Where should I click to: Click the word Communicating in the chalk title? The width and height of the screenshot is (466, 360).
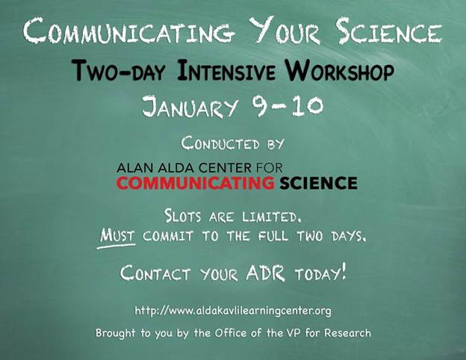(127, 30)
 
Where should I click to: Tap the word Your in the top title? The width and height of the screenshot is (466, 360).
(285, 30)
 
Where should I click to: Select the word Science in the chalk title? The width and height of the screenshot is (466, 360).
(390, 30)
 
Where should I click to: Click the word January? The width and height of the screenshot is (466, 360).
(190, 106)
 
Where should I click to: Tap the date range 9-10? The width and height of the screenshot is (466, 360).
(287, 106)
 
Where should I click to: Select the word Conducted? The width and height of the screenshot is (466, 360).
(220, 143)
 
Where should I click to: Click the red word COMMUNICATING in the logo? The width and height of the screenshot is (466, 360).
(195, 183)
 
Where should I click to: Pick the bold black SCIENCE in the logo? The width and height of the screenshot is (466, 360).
(318, 183)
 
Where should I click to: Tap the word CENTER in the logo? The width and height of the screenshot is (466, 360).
(225, 168)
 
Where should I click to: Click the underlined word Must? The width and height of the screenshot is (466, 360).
(117, 236)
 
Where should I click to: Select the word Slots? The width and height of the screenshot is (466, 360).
(183, 216)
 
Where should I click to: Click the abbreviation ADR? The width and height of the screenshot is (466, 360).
(265, 273)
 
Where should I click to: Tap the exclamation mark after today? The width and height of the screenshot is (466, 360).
(344, 271)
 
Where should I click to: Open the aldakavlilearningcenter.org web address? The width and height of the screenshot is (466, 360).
(233, 311)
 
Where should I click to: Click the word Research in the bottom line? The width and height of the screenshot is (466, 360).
(347, 332)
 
